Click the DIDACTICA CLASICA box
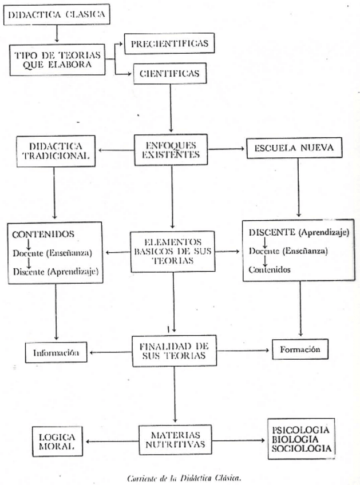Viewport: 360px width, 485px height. (x=56, y=15)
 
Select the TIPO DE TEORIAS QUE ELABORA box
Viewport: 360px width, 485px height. (x=58, y=59)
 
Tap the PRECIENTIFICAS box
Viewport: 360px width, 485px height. (x=169, y=43)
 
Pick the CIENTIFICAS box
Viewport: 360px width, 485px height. (x=169, y=73)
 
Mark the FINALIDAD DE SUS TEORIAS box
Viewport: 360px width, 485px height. (x=171, y=351)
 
